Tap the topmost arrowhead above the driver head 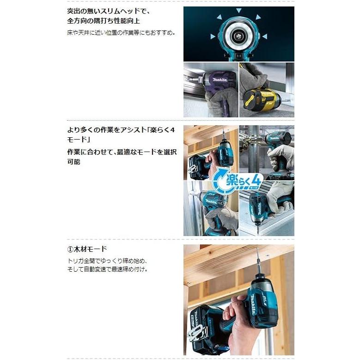tap(239, 10)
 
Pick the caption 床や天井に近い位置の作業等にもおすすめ tap(121, 33)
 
